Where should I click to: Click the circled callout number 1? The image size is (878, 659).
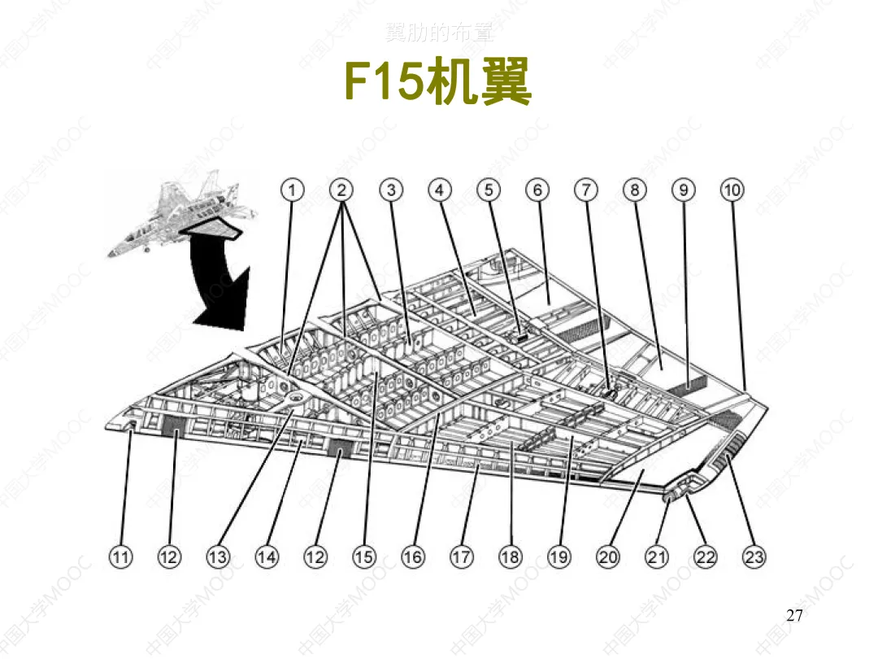(293, 190)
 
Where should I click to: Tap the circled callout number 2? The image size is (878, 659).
(341, 190)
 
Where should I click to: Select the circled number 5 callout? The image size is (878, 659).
(489, 190)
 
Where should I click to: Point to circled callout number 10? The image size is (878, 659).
(732, 190)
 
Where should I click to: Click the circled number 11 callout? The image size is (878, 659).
(120, 556)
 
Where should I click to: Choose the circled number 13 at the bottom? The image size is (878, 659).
(218, 556)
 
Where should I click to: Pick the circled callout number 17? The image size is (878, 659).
(462, 556)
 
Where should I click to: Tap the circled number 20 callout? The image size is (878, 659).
(608, 556)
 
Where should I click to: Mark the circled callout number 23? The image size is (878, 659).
(754, 556)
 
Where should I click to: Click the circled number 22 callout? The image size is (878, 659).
(706, 556)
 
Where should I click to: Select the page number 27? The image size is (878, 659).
(794, 615)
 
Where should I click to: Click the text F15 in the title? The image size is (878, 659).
(381, 81)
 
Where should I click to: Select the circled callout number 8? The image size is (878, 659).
(635, 190)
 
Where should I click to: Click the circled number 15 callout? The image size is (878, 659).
(364, 556)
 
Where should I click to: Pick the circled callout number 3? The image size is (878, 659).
(391, 190)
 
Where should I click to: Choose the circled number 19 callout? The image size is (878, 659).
(559, 556)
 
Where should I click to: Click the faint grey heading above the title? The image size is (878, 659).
(439, 34)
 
